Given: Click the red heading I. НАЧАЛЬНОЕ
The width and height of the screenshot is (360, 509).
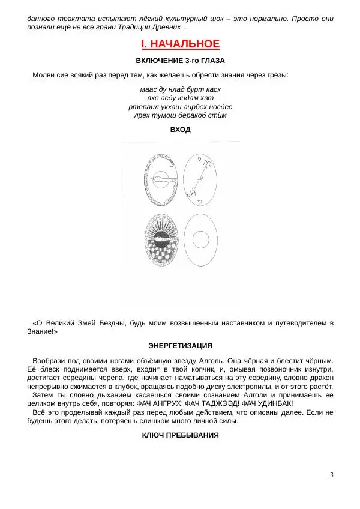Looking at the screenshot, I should (x=180, y=44).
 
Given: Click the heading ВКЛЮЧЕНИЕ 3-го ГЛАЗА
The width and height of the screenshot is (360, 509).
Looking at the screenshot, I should (x=180, y=61).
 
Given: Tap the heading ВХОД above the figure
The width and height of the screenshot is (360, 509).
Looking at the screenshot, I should (x=180, y=130).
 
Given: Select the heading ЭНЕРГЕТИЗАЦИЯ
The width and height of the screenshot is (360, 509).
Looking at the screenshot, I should (x=180, y=346).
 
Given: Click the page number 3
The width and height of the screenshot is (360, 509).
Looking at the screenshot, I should (x=331, y=475).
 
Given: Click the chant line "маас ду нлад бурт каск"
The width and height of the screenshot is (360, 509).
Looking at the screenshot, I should (x=180, y=89).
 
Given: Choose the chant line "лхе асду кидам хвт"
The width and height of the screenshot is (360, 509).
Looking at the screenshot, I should (x=180, y=97).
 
